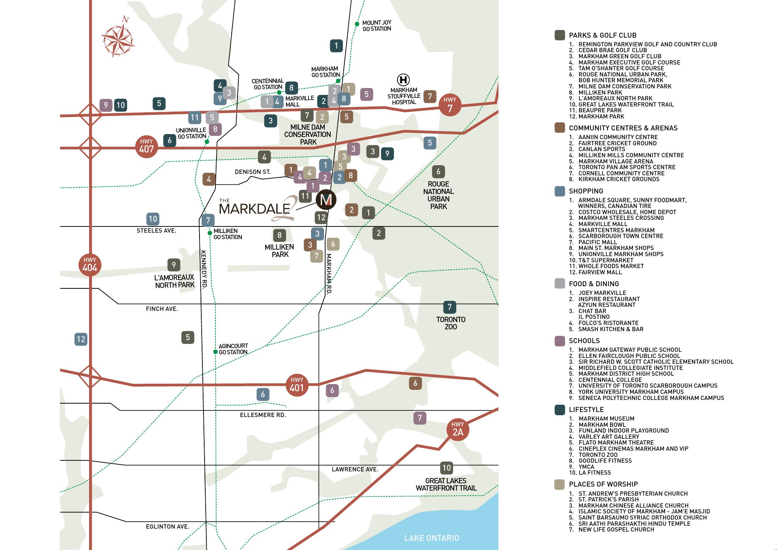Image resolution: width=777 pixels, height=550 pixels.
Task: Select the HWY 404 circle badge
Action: (89, 265)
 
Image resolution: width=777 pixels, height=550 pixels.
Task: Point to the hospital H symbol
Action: (403, 80)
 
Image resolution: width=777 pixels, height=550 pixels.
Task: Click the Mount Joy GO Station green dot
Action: (357, 24)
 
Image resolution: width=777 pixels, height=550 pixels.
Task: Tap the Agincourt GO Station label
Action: (233, 349)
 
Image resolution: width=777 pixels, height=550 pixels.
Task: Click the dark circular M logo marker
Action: (326, 200)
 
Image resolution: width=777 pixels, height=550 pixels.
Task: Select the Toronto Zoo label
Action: (450, 323)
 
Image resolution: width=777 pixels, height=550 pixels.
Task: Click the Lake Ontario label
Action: (432, 538)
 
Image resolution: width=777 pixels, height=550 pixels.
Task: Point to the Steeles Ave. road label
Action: (156, 230)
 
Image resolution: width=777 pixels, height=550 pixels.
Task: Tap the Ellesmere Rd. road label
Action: (263, 415)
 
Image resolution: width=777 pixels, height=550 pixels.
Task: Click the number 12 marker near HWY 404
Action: (81, 339)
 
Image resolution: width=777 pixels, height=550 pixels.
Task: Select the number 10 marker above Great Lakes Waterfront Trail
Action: (446, 468)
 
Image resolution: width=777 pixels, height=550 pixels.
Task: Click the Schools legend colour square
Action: (560, 341)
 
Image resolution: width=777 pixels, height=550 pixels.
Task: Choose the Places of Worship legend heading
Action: (603, 484)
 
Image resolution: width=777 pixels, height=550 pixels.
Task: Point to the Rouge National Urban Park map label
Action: (438, 195)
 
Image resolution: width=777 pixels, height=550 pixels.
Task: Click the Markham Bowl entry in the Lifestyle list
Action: (602, 425)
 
